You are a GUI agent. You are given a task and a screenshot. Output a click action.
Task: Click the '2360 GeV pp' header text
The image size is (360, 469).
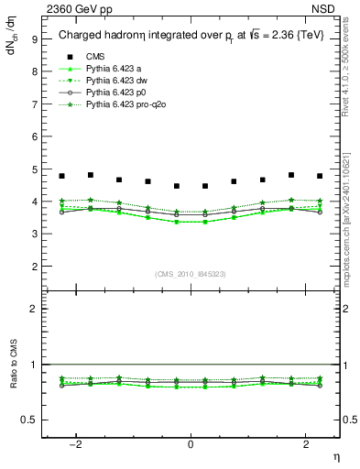72,8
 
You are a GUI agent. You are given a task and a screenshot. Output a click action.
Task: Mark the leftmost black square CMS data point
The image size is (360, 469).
61,176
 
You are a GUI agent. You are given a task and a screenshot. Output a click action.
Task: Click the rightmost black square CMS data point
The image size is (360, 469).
320,176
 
